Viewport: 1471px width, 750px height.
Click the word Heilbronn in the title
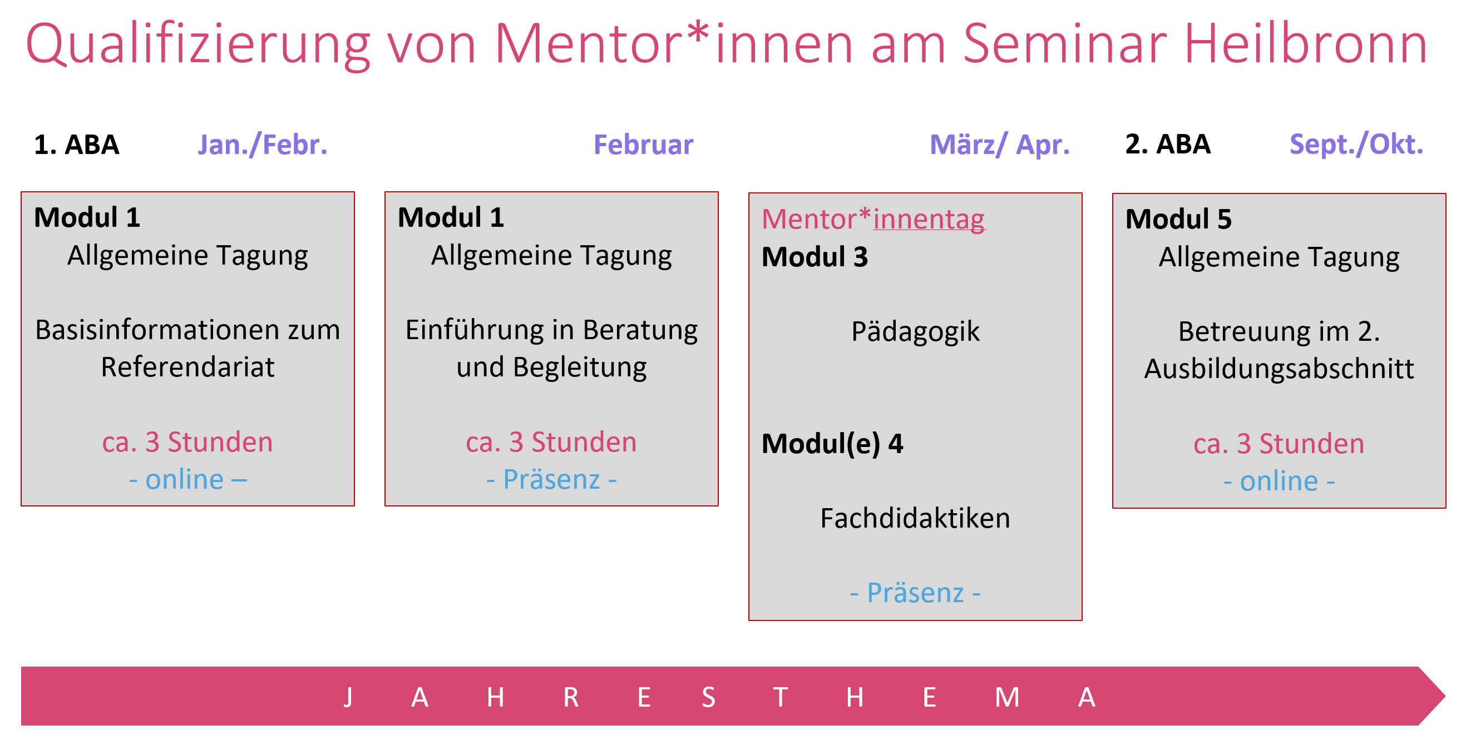click(1306, 44)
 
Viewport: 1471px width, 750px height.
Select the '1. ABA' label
click(77, 145)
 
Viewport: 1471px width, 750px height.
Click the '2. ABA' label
click(1168, 144)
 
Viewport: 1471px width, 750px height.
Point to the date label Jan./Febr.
click(263, 145)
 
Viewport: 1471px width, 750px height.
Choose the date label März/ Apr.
click(1000, 145)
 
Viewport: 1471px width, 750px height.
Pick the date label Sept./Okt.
click(1356, 145)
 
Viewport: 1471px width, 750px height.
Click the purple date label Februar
click(644, 145)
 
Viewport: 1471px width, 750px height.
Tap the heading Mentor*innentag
click(873, 219)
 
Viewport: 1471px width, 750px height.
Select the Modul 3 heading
click(815, 257)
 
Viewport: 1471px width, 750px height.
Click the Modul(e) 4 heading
click(832, 444)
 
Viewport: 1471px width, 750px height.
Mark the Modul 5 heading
click(1178, 219)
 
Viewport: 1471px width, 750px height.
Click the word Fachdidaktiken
click(915, 518)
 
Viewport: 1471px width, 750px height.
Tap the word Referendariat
click(188, 367)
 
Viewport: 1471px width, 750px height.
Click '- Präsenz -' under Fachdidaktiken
click(915, 593)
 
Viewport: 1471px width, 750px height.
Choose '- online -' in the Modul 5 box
click(1279, 481)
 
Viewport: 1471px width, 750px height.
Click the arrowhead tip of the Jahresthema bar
click(1445, 696)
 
